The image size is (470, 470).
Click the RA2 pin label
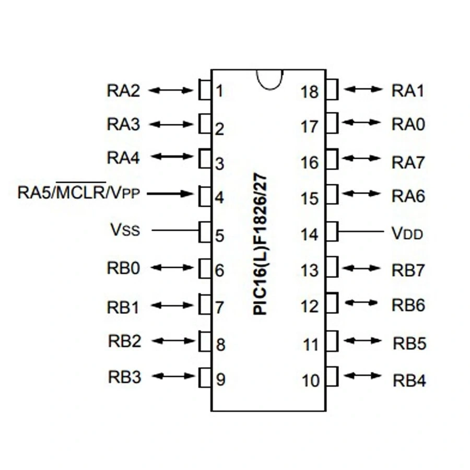[124, 91]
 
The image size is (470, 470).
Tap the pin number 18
[310, 92]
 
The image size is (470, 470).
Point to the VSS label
[125, 230]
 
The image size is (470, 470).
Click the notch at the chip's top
[269, 79]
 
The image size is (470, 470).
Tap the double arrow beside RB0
[171, 267]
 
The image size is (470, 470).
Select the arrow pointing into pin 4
[170, 194]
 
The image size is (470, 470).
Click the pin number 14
[310, 234]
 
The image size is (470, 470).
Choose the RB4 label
[409, 380]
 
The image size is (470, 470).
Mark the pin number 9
[220, 380]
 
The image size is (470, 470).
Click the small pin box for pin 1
[204, 90]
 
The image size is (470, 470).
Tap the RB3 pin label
[124, 377]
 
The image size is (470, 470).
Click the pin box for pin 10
[332, 376]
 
